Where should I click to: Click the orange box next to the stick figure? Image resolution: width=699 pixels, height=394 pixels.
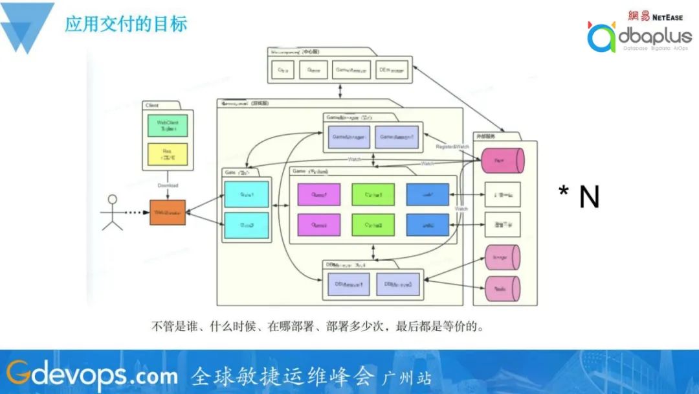pos(168,213)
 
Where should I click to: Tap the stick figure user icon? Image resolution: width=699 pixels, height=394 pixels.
pos(112,212)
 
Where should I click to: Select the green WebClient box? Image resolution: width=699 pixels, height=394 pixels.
pos(167,126)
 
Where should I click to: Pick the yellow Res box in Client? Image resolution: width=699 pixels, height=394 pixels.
pos(167,154)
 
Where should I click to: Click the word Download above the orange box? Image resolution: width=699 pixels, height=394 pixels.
pos(168,185)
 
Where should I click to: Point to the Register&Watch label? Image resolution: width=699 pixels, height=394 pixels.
pos(452,147)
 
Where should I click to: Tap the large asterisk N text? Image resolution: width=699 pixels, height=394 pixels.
pos(579,197)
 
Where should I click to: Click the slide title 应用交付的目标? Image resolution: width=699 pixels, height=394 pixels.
pos(126,25)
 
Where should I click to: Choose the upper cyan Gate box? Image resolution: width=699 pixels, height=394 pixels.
pos(246,194)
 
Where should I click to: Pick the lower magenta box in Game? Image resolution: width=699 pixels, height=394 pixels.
pos(318,224)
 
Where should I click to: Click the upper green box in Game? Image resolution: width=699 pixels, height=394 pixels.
pos(373,194)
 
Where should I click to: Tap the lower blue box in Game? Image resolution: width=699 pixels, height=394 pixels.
pos(427,224)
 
